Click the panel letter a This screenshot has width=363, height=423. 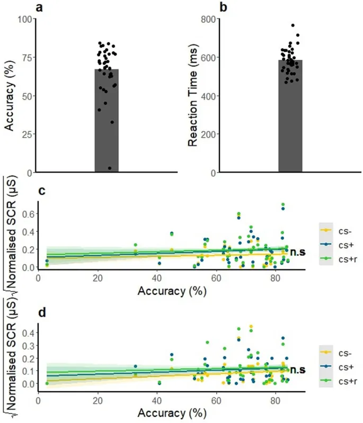click(40, 7)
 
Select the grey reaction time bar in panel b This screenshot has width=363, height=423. click(290, 116)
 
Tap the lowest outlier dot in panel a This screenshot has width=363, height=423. click(110, 168)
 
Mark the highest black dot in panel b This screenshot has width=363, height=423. click(293, 25)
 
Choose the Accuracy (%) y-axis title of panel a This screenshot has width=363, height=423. click(8, 95)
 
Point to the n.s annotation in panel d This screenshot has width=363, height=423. click(295, 370)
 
